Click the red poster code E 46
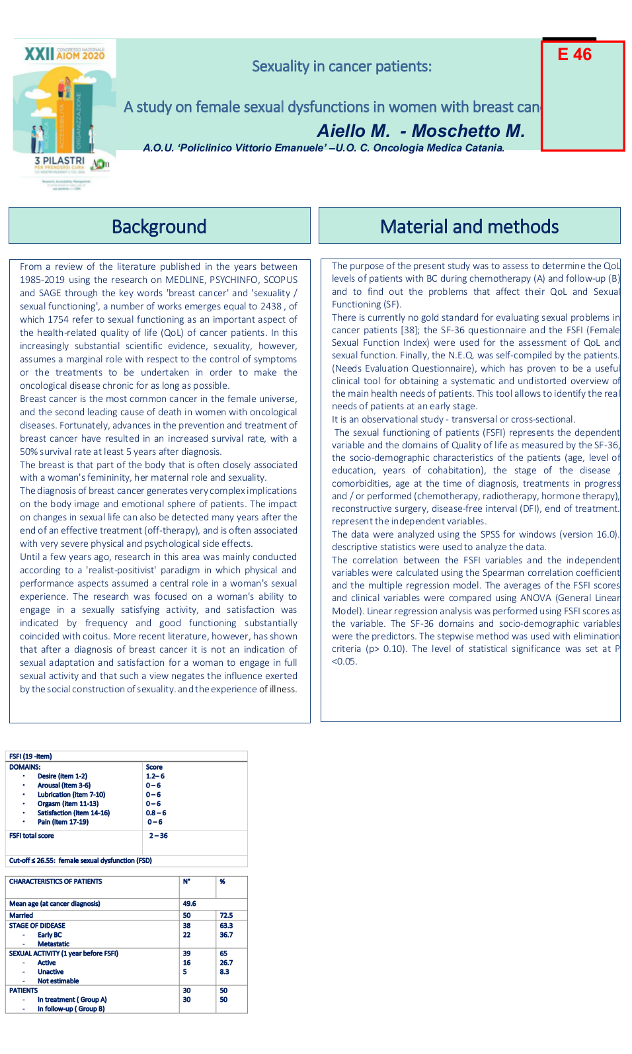(574, 54)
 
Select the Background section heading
(159, 227)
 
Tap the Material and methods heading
(469, 227)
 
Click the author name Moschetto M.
(468, 131)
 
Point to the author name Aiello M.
(353, 131)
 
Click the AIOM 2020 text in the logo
(81, 56)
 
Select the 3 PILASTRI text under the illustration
(59, 161)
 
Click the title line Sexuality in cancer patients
(342, 66)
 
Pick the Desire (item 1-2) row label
(62, 776)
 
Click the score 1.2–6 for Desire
(155, 776)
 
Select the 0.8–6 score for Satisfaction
(156, 813)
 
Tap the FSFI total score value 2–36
(158, 836)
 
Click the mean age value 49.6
(190, 904)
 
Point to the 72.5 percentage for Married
(226, 916)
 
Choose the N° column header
(186, 881)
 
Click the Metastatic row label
(54, 944)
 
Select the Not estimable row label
(58, 981)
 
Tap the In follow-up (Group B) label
(71, 1009)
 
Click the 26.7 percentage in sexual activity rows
(226, 963)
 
